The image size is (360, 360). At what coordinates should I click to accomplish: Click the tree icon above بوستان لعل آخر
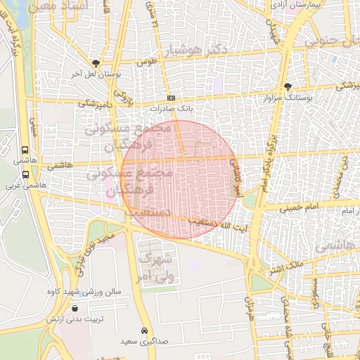(96, 63)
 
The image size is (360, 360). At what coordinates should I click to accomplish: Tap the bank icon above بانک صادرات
(171, 98)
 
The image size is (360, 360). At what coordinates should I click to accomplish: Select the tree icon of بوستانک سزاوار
(288, 86)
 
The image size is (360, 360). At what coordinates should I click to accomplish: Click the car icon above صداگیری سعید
(144, 330)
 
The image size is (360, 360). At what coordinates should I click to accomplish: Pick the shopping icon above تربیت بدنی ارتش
(75, 308)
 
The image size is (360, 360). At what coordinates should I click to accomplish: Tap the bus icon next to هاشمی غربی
(26, 174)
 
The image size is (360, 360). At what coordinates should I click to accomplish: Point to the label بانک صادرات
(171, 109)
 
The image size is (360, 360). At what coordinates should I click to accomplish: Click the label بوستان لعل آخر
(96, 73)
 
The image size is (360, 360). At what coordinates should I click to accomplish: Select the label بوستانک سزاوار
(288, 98)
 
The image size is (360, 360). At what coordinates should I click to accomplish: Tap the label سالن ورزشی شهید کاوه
(84, 291)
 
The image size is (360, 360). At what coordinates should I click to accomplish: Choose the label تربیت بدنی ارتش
(75, 319)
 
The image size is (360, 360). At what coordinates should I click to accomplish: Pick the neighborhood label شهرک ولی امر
(156, 268)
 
